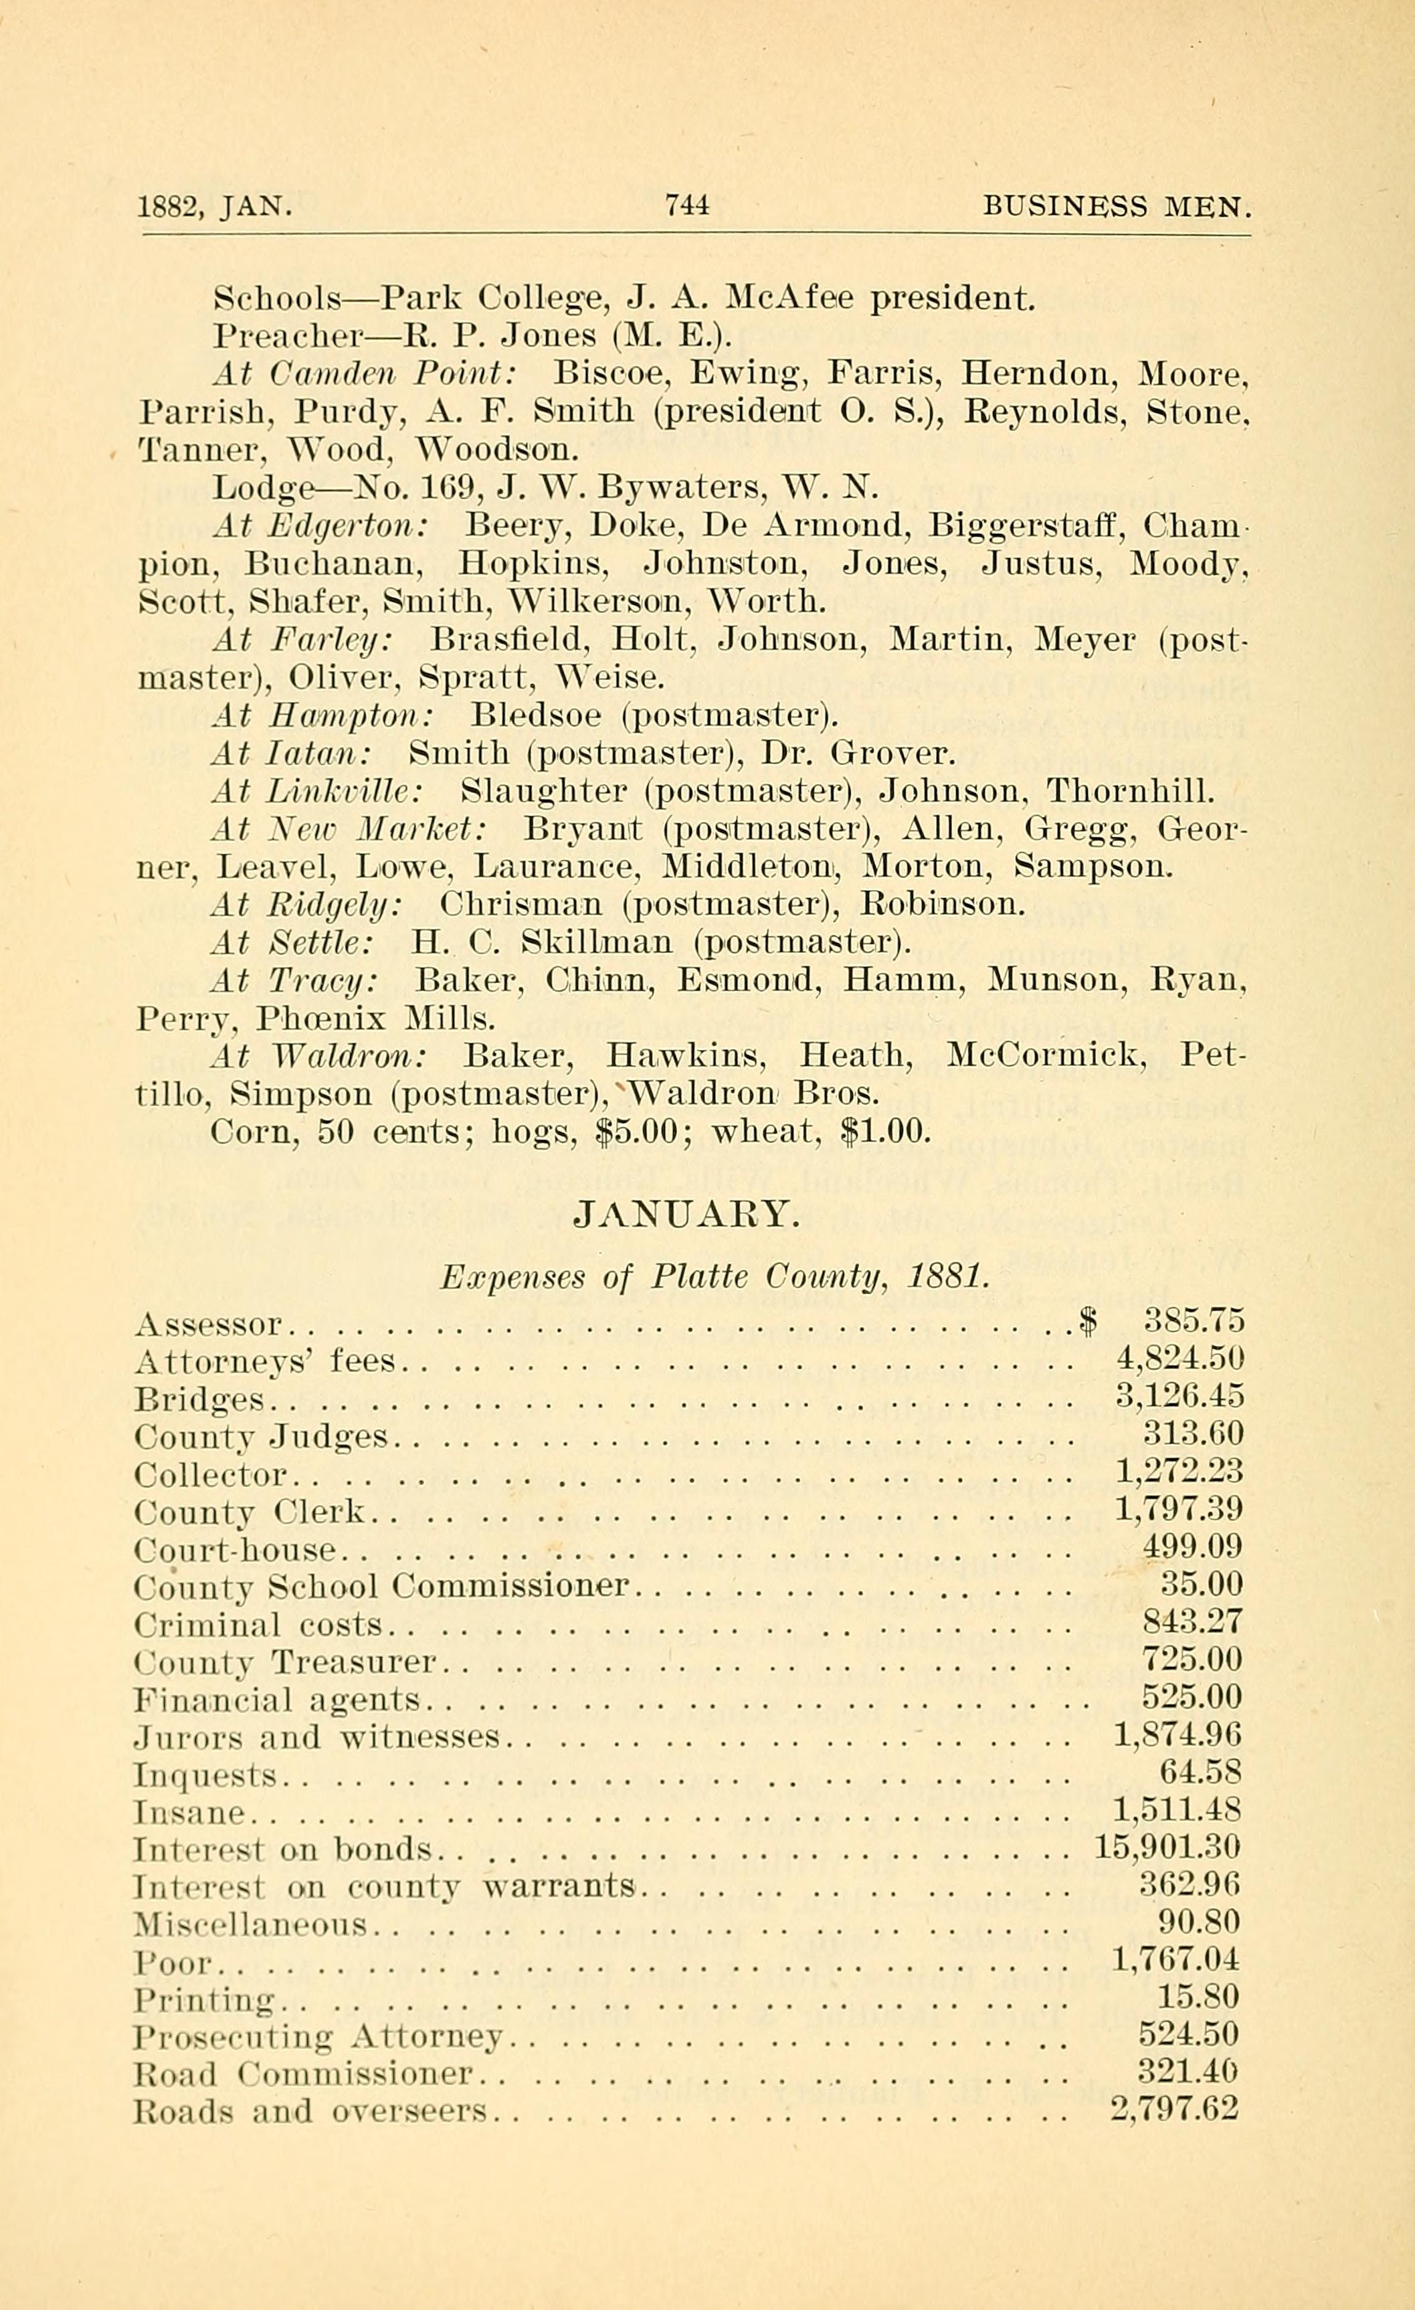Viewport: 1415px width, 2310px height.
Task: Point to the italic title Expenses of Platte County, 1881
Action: coord(714,1277)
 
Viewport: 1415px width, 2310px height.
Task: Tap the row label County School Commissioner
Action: coord(381,1585)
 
